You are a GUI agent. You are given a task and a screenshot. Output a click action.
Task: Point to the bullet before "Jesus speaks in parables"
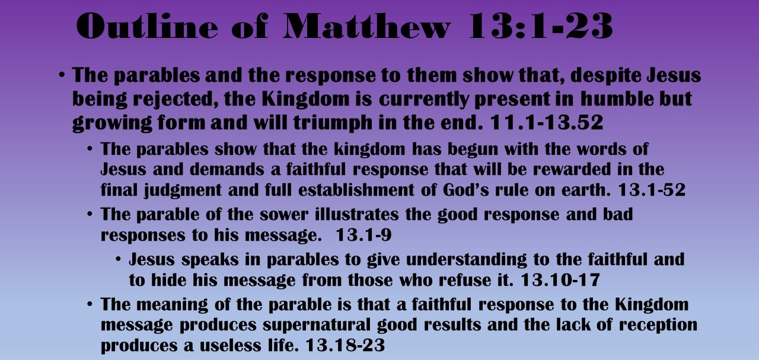pyautogui.click(x=119, y=260)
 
